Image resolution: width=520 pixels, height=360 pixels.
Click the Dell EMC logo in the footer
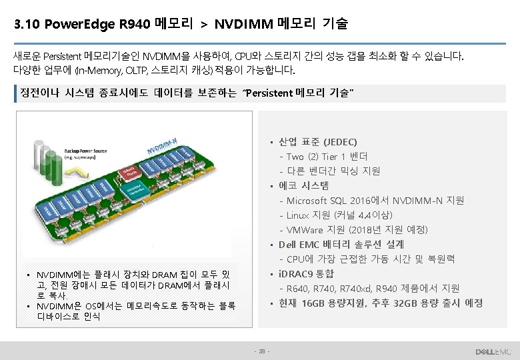493,351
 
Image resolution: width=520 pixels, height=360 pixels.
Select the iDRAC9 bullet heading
297,274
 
